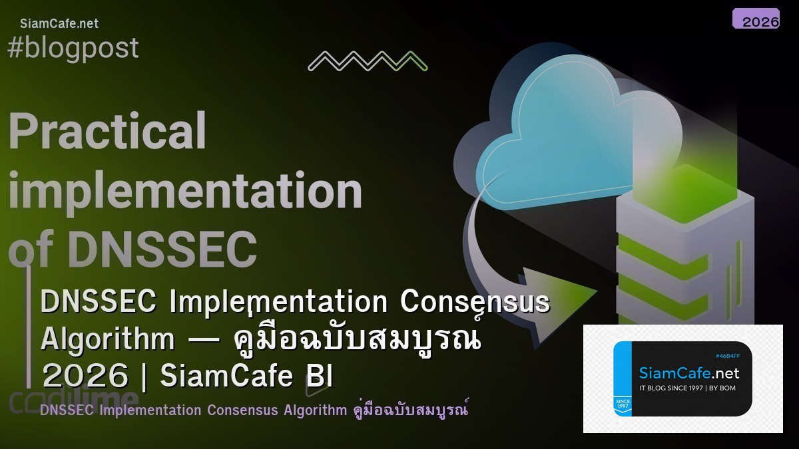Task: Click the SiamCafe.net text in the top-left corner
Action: coord(59,23)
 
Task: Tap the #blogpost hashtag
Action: coord(73,48)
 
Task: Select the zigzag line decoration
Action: coord(368,61)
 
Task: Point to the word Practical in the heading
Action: coord(107,130)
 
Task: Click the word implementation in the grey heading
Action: coord(185,192)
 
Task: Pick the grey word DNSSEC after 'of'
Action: coord(162,249)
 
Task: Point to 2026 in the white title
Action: coord(85,376)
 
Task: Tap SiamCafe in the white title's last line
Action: coord(226,376)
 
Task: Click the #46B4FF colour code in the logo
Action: coord(727,356)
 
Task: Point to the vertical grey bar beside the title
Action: coord(29,326)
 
